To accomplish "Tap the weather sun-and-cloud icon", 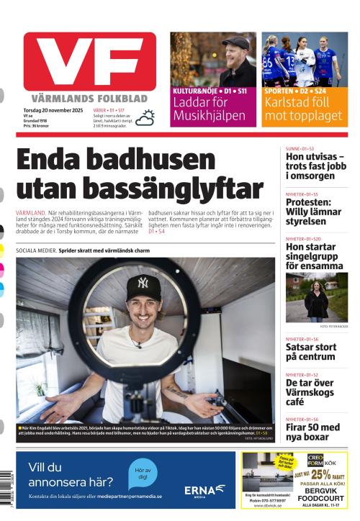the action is click(145, 117).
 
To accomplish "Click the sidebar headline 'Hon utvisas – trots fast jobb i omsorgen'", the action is click(315, 166).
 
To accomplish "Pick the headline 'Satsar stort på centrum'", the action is click(311, 352).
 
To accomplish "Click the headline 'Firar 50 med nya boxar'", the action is click(312, 432).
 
